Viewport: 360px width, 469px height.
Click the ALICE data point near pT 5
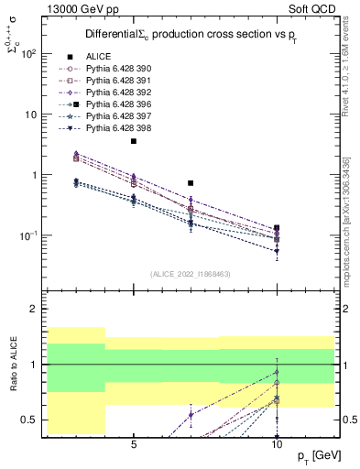pyautogui.click(x=134, y=141)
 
